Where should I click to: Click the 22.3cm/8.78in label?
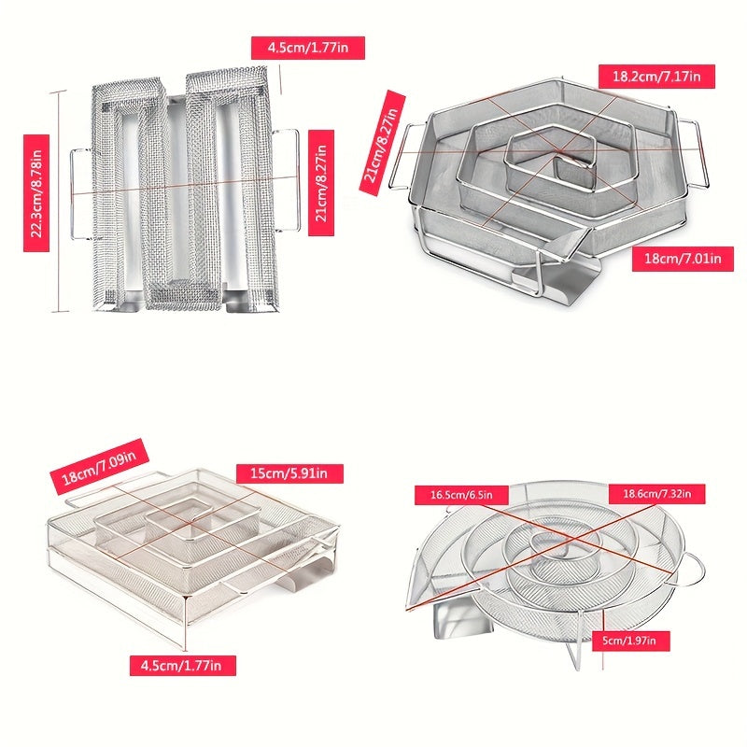click(36, 193)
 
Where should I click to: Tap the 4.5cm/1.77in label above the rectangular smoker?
click(308, 48)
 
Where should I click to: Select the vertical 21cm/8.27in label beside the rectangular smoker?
click(321, 183)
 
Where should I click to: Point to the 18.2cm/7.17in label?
click(656, 77)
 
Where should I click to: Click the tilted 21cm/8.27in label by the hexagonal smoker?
click(382, 143)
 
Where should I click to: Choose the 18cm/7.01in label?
click(683, 259)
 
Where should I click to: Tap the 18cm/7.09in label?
click(99, 467)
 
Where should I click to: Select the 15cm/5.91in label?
click(289, 473)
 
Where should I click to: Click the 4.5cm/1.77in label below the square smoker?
click(182, 665)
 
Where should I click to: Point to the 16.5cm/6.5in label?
click(461, 495)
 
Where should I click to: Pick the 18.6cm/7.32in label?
click(657, 494)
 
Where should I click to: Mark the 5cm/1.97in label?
click(631, 641)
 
